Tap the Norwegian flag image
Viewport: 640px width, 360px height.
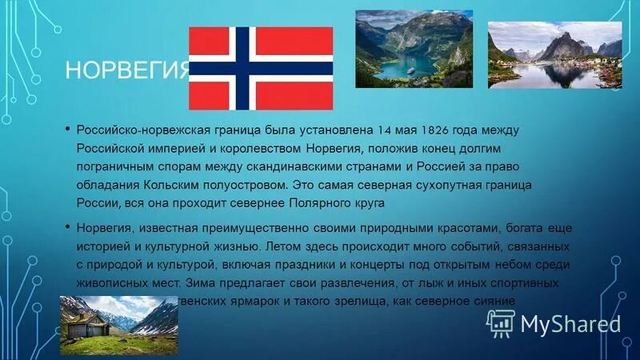[x=260, y=68]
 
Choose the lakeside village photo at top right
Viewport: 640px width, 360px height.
[x=554, y=54]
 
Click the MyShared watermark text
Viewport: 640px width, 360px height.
[x=570, y=323]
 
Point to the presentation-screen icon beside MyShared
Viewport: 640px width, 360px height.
[x=500, y=322]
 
